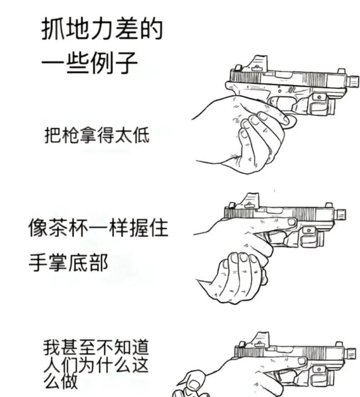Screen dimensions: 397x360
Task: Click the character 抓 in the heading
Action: (53, 30)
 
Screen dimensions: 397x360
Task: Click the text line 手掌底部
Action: (68, 262)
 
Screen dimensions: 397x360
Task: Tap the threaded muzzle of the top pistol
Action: (352, 81)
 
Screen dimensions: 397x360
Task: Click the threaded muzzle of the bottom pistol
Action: (351, 353)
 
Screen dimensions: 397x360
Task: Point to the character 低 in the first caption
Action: (140, 134)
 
